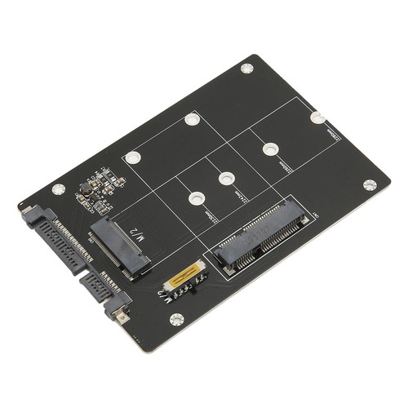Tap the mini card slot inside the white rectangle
[x=258, y=236]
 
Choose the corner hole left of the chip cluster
[x=57, y=188]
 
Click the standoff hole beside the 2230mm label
[x=195, y=197]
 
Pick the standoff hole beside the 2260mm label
[x=269, y=149]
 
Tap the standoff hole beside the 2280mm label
[x=317, y=118]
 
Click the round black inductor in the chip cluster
[x=84, y=195]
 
